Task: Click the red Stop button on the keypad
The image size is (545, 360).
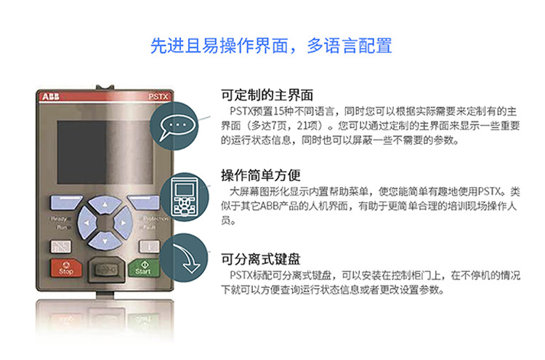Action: [66, 268]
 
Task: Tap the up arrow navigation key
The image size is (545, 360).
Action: [105, 204]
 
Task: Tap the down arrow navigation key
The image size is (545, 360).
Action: [105, 240]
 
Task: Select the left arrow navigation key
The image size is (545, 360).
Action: [87, 223]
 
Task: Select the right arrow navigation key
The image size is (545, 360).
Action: [123, 223]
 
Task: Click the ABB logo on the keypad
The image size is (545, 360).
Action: [51, 97]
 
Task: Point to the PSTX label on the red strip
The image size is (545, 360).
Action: [158, 97]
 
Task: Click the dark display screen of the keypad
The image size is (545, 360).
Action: [105, 152]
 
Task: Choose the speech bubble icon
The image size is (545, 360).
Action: [177, 127]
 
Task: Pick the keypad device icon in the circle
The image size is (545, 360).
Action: [185, 197]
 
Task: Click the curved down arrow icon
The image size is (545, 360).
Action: [187, 258]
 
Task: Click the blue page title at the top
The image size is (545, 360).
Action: [272, 46]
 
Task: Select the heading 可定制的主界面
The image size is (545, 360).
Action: [267, 95]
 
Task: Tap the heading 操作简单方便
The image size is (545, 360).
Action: [261, 175]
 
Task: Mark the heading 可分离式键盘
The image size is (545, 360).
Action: [261, 259]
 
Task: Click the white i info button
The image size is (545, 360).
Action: [149, 247]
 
